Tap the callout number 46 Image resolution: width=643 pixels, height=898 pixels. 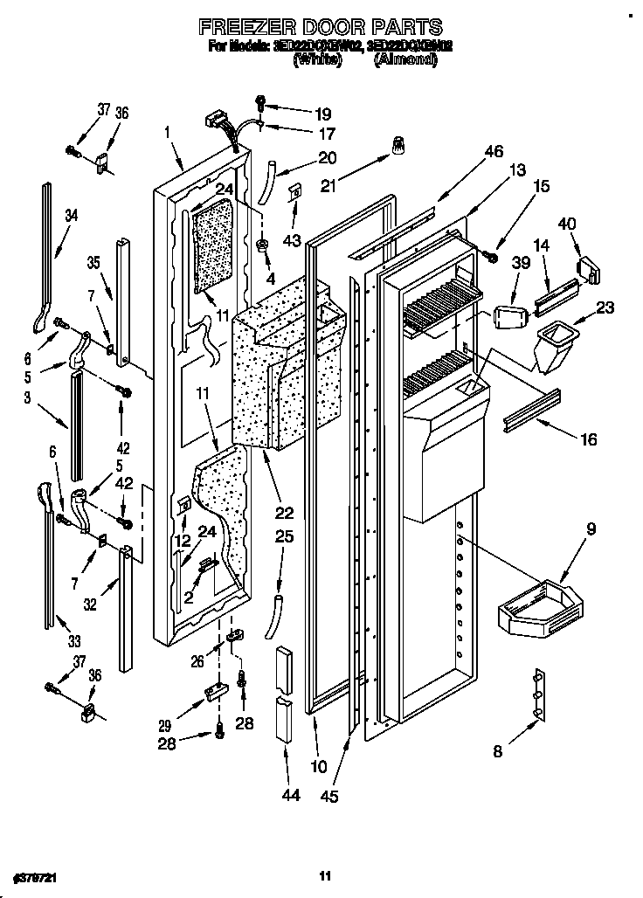(x=494, y=151)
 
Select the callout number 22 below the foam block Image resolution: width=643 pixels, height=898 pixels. (x=285, y=513)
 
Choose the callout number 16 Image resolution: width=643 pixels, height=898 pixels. (x=588, y=439)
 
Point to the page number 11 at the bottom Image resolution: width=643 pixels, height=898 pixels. (x=324, y=875)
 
